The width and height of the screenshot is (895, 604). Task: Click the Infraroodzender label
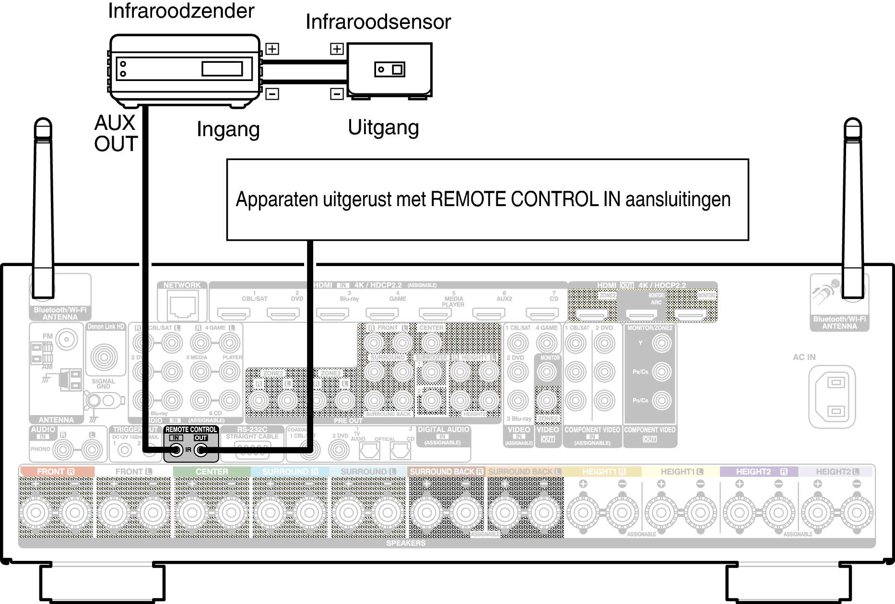coord(181,11)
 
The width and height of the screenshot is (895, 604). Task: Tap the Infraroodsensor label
coord(378,22)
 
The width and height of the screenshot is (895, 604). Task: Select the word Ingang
coord(228,129)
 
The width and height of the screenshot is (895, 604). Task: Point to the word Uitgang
coord(383,128)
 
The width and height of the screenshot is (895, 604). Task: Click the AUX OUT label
coord(116,133)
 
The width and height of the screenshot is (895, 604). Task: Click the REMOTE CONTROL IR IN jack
coord(176,450)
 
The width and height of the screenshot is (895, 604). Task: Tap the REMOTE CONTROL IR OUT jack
coord(201,450)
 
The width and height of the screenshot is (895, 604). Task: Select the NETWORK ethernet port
coord(182,306)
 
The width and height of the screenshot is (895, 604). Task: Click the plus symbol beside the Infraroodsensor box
coord(337,49)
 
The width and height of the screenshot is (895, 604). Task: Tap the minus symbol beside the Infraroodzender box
coord(272,93)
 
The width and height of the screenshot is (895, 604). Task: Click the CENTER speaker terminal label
coord(212,472)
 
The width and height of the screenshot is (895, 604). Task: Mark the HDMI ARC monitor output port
coord(641,315)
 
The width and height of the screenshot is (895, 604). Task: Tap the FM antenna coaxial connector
coord(67,339)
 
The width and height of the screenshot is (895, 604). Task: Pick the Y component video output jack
coord(661,343)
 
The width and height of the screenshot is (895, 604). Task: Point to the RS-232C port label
coord(252,430)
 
